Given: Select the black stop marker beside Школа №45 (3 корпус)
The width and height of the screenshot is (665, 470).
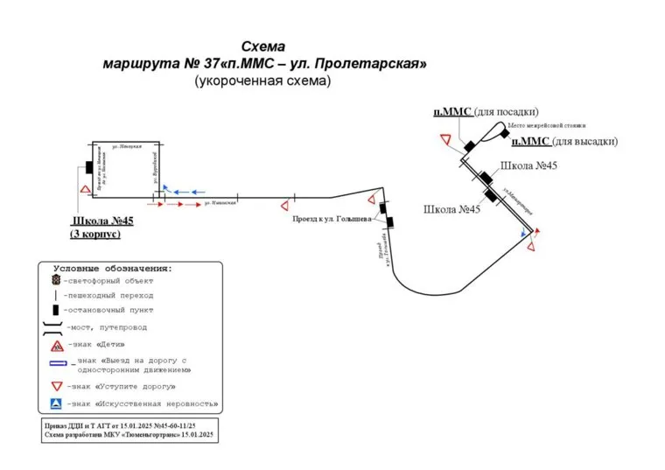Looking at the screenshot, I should [x=88, y=167].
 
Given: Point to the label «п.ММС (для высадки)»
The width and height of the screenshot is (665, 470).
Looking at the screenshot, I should [x=564, y=141].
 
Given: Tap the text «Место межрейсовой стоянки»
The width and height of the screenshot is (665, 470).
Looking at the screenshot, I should [x=541, y=125].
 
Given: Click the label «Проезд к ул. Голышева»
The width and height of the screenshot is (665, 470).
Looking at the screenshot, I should [x=332, y=219].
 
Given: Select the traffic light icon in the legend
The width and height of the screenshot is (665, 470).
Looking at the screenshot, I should [x=55, y=280].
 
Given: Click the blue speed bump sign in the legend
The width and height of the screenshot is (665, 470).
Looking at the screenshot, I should [x=55, y=404].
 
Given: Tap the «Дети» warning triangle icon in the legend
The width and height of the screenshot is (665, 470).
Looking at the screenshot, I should [x=55, y=345].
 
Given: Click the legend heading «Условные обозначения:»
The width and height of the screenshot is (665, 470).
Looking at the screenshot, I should [x=114, y=268].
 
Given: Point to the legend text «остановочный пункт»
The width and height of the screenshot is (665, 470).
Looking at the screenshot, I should [x=109, y=310].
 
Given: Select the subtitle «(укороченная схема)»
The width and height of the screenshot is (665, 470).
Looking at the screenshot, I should [x=262, y=81].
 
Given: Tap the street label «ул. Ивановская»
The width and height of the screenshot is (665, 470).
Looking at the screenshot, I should [x=220, y=204].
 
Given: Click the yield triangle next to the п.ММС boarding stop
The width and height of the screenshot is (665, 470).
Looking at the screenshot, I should [x=445, y=141].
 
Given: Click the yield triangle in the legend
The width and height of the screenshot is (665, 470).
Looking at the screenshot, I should [x=55, y=386].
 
